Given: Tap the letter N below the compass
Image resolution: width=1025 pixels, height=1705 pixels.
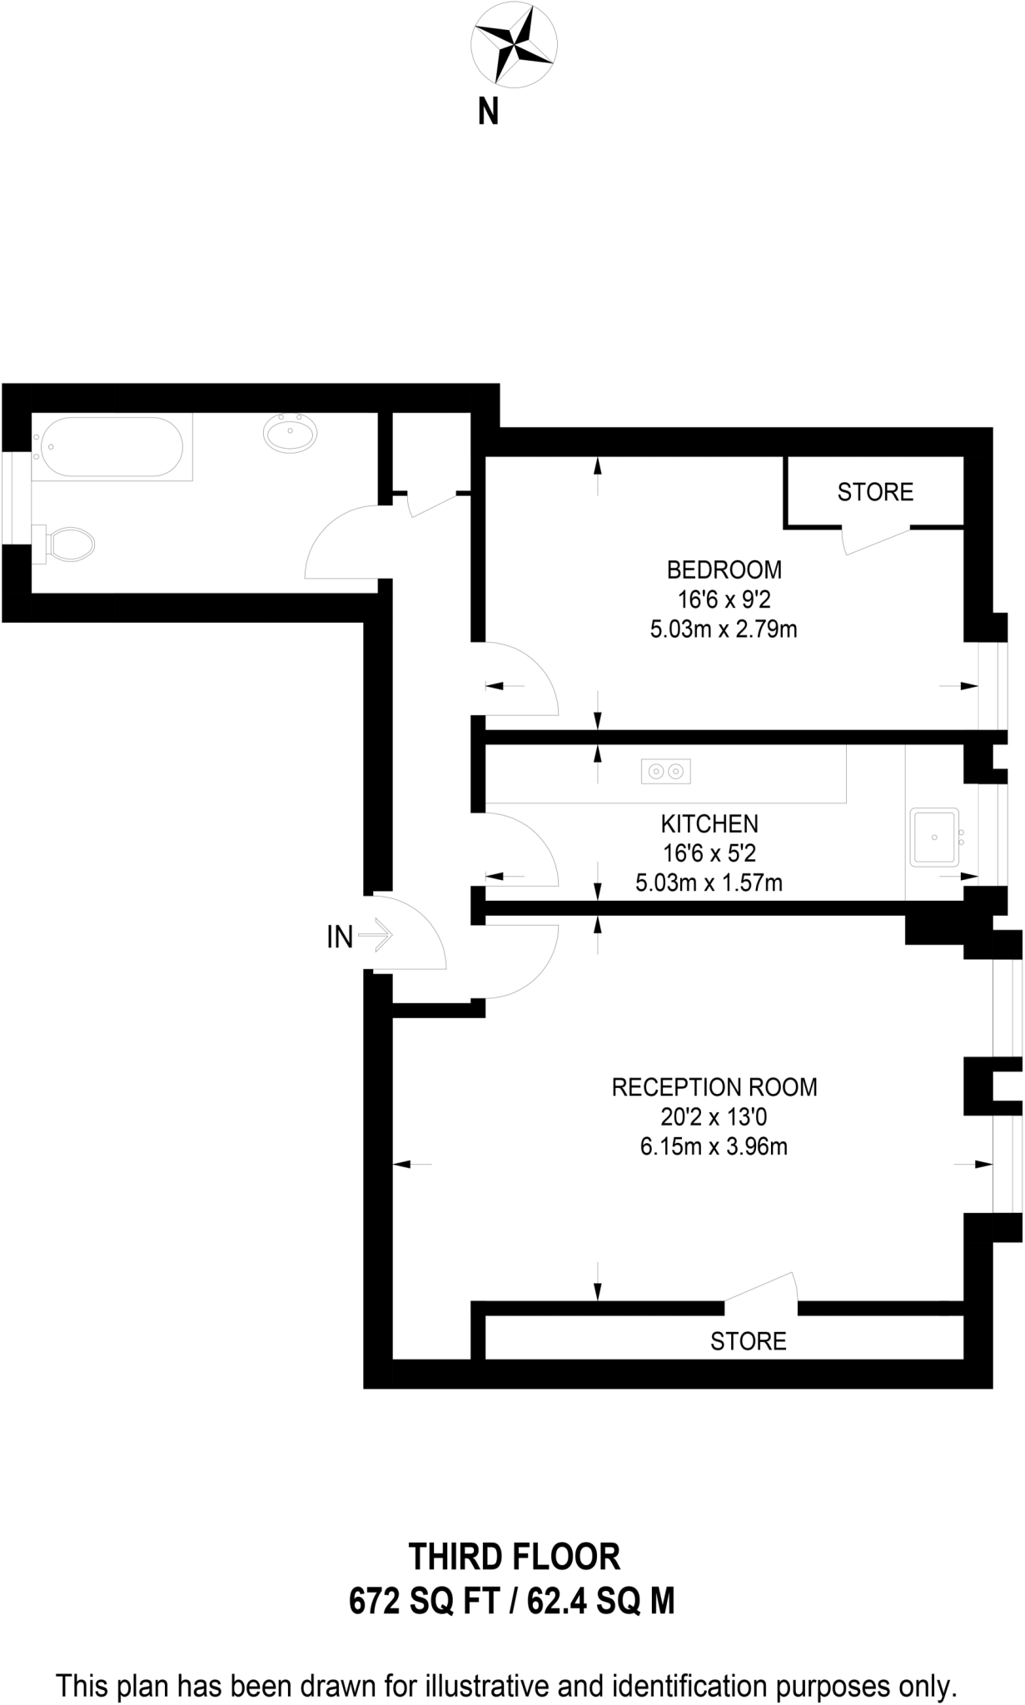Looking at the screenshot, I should [488, 112].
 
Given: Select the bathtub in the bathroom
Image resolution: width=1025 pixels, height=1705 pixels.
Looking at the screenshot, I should [112, 447].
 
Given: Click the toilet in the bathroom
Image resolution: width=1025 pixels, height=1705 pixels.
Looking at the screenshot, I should [64, 544].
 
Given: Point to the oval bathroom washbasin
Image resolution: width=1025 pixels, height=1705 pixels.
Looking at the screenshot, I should [291, 434].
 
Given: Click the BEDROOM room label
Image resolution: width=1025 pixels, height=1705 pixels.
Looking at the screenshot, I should [724, 570].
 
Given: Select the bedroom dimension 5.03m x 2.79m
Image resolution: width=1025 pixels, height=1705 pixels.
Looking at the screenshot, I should [724, 629].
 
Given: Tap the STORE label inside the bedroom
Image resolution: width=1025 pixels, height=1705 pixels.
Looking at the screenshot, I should [875, 492].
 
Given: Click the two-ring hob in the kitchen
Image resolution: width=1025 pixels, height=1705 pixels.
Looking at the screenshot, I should [665, 772].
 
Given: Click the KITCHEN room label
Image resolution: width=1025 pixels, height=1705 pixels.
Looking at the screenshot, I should [709, 824].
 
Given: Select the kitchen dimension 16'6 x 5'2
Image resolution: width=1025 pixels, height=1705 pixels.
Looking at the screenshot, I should [709, 853].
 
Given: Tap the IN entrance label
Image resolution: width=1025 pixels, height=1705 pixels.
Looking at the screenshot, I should [340, 937].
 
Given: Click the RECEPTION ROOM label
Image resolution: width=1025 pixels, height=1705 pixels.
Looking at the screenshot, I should [714, 1087].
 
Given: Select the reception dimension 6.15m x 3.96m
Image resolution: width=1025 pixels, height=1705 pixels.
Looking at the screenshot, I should [714, 1146].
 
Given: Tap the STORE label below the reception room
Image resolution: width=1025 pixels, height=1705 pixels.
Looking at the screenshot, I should [748, 1341].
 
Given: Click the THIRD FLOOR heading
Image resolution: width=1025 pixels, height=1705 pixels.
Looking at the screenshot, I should [514, 1556].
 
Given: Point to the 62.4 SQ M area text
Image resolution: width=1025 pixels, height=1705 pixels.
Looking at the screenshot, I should [601, 1600].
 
